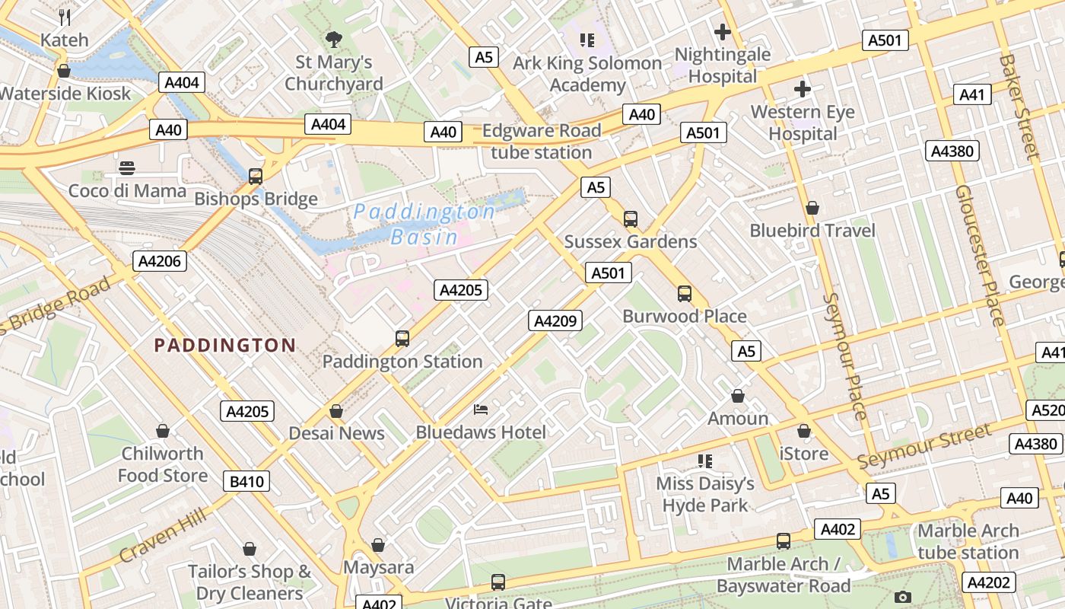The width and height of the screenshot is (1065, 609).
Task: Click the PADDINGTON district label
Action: pos(224,346)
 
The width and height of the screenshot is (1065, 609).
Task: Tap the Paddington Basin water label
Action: pos(424,224)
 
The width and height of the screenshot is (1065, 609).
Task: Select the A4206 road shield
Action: pos(159,261)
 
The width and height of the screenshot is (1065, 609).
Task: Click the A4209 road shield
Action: pos(555,320)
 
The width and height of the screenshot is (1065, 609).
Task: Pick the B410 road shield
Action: pos(246,481)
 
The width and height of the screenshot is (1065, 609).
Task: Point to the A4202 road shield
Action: pos(988,582)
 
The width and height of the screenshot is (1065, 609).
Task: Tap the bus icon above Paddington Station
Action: pos(402,339)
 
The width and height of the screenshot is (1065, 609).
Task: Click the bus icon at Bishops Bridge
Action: pos(256,177)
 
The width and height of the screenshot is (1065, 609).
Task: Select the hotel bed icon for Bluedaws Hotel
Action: pos(481,410)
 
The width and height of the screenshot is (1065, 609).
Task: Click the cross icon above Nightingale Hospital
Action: pos(723,32)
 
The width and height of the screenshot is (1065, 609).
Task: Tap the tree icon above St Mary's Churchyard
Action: pos(333,40)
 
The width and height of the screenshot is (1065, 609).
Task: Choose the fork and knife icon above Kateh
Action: pos(65,18)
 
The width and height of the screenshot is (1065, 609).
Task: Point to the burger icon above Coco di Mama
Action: pos(127,168)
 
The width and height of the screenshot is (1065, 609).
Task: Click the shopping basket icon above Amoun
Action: pos(737,396)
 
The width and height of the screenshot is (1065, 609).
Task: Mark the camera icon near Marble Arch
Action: pos(903,597)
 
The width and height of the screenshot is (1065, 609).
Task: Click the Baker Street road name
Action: pos(1019,106)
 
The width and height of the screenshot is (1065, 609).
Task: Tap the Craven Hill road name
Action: pos(163,537)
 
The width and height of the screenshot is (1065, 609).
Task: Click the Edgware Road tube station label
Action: pos(542,142)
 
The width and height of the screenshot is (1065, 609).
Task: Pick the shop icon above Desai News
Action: pos(336,411)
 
